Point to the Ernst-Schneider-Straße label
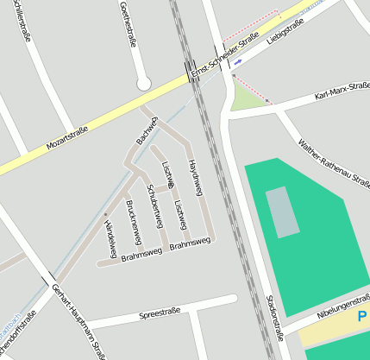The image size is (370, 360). [226, 57]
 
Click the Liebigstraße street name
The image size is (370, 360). [287, 34]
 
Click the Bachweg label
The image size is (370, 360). [147, 129]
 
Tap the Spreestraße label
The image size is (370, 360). [159, 313]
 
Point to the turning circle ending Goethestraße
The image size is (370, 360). [144, 84]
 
